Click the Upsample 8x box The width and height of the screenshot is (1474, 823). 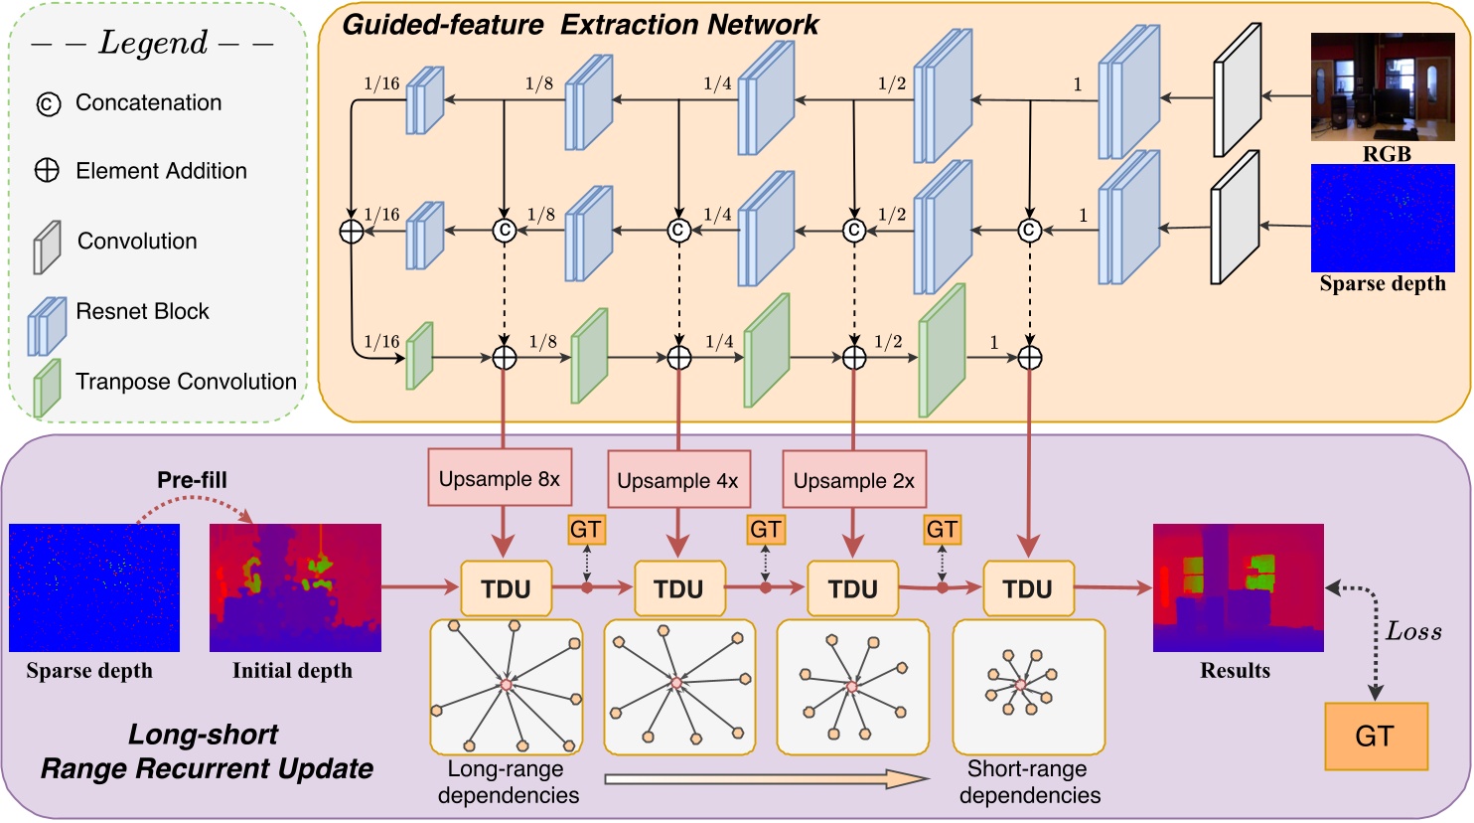500,479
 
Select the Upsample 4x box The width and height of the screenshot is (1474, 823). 677,481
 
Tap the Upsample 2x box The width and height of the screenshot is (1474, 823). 853,481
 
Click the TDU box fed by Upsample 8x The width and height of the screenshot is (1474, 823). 506,588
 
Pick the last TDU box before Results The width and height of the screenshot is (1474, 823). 1027,588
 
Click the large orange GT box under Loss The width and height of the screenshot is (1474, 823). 1375,737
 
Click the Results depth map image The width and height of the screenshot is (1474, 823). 1238,587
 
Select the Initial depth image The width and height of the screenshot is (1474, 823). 295,587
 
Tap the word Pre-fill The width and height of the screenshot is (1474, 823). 192,480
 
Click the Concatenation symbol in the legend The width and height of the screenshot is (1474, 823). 48,103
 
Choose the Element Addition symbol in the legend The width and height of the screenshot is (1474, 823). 48,171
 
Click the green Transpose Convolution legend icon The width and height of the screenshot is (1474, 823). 47,387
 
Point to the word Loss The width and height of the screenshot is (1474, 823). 1413,632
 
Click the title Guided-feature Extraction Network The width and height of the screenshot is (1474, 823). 580,25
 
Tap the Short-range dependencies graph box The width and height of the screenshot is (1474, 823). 1028,686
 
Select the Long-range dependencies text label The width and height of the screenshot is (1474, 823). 508,782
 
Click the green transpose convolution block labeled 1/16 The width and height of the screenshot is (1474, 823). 420,356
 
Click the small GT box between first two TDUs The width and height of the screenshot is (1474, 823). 586,530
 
